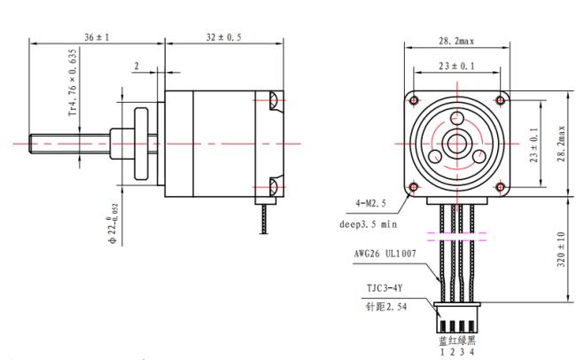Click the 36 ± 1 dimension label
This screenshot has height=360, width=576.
(x=97, y=37)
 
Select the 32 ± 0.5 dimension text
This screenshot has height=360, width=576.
(x=223, y=37)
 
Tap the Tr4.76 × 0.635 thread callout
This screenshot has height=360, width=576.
(x=73, y=82)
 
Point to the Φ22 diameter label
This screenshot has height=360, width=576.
(x=113, y=223)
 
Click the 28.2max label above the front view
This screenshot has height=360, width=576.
(x=456, y=41)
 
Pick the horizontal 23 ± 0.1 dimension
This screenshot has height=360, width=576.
(x=456, y=67)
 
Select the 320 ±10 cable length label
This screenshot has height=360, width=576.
(x=561, y=249)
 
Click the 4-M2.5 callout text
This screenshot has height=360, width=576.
(x=370, y=203)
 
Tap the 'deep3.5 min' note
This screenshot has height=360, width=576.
(x=368, y=224)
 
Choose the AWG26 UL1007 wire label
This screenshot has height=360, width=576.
(x=385, y=254)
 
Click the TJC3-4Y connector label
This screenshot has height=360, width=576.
(x=385, y=288)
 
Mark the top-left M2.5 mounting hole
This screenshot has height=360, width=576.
(x=414, y=100)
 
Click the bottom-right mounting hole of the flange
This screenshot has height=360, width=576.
(x=501, y=187)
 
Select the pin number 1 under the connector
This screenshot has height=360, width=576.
(x=442, y=352)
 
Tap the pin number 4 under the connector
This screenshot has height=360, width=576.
(x=471, y=352)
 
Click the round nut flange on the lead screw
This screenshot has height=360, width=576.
(x=142, y=144)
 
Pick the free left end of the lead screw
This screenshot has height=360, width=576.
(x=29, y=144)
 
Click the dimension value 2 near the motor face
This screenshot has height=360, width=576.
(x=136, y=67)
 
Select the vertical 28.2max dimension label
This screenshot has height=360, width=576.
(x=562, y=144)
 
